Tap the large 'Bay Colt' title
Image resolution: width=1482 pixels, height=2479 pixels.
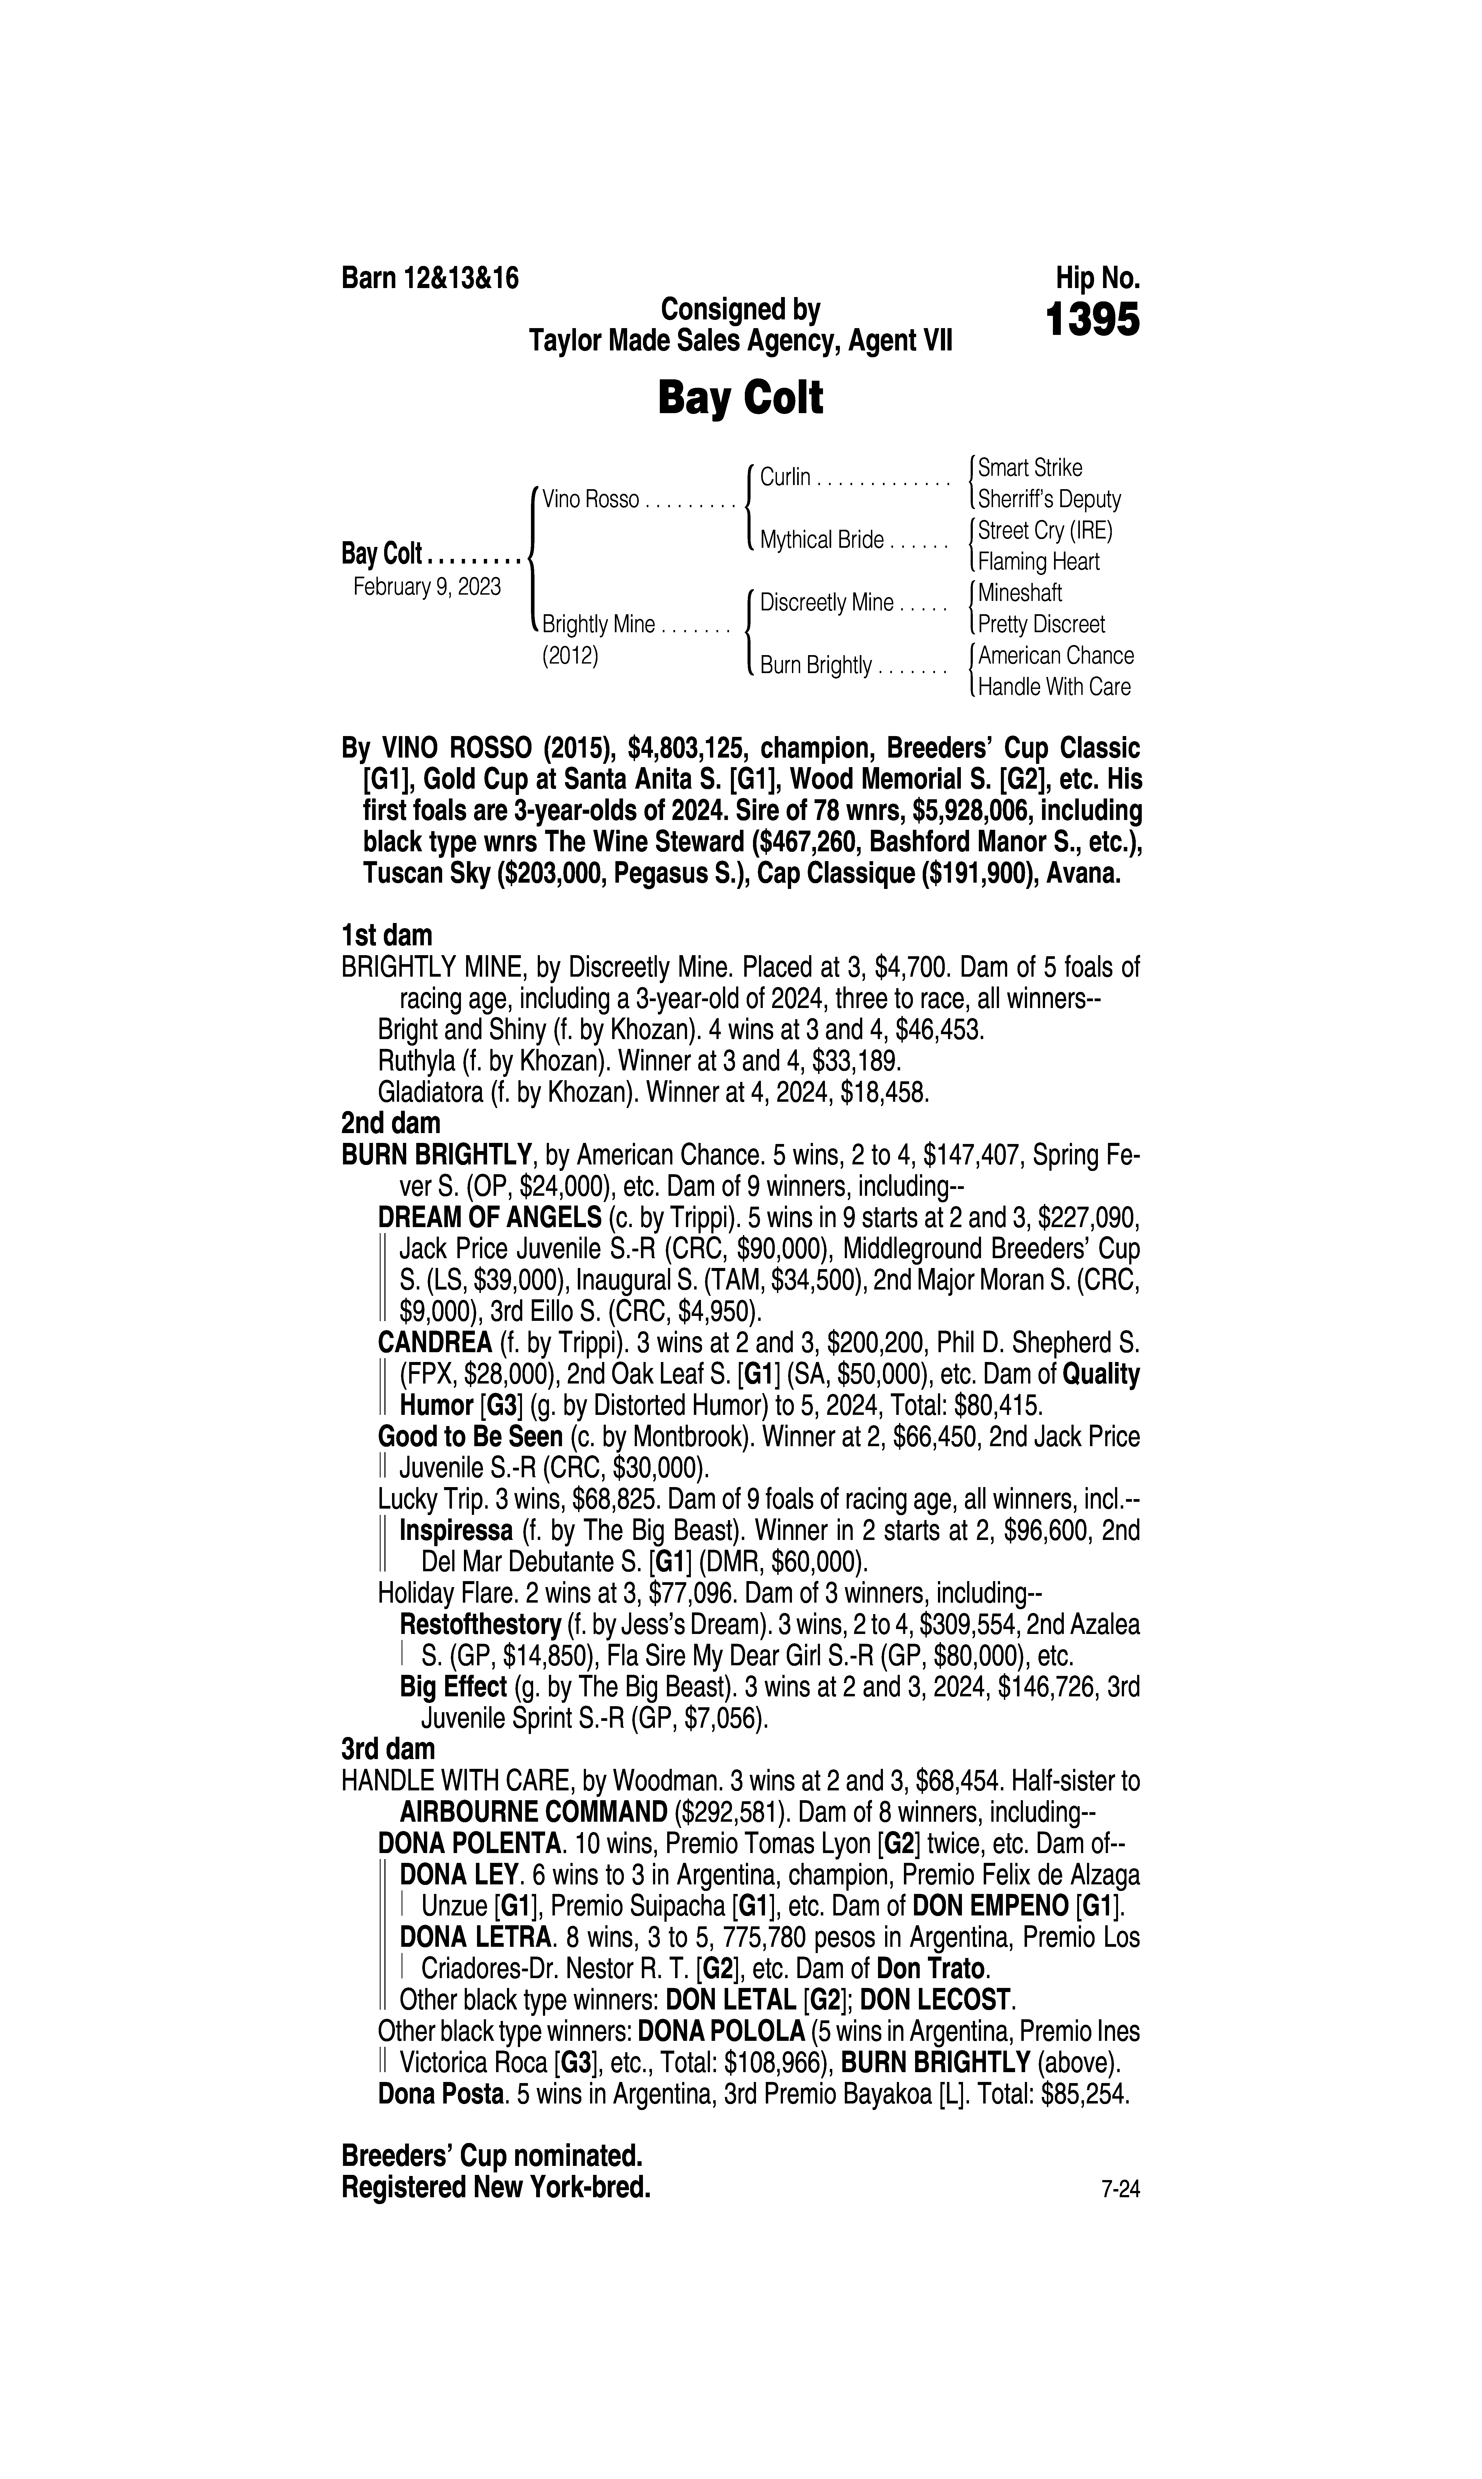740,398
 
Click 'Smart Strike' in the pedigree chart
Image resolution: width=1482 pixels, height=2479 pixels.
1029,467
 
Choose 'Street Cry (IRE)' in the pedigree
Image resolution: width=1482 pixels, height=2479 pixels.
1044,530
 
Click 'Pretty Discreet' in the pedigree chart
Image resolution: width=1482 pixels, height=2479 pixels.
1041,624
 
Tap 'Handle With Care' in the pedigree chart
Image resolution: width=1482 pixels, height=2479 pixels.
1055,687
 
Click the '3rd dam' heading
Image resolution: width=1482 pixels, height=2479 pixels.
388,1749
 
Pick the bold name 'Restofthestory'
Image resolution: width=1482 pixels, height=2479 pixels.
479,1625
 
